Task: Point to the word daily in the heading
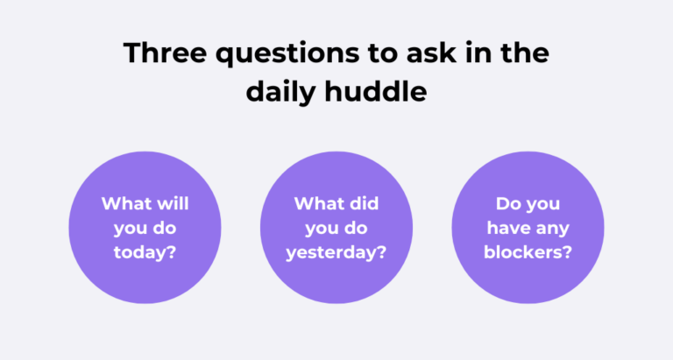coord(280,90)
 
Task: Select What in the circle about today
coord(127,203)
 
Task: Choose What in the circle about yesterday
coord(320,203)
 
